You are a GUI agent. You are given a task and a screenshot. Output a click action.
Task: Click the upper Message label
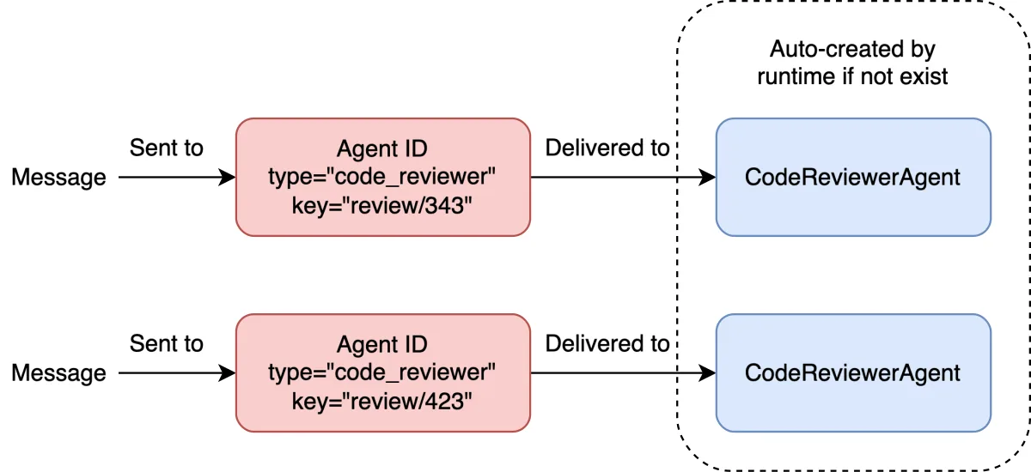tap(59, 178)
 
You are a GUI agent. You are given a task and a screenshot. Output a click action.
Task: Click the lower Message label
tap(59, 373)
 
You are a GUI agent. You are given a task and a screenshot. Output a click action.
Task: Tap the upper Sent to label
tap(166, 148)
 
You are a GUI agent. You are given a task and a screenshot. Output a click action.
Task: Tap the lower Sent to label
tap(166, 344)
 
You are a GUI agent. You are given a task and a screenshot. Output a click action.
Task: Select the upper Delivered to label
tap(607, 148)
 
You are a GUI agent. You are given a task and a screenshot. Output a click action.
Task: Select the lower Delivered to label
tap(607, 344)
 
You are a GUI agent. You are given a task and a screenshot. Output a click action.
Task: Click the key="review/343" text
tap(382, 206)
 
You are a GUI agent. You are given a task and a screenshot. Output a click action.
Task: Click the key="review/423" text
tap(382, 402)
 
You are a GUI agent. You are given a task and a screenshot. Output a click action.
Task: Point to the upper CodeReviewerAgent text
tap(852, 178)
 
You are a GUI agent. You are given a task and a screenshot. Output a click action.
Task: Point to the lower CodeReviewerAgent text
tap(852, 373)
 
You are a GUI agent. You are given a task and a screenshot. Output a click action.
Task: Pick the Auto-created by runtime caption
tap(852, 63)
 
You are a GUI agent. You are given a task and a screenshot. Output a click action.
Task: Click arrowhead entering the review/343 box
tap(228, 177)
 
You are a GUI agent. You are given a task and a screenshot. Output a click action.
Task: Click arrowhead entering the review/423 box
tap(228, 372)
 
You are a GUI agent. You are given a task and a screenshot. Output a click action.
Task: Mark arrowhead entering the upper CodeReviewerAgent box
tap(707, 177)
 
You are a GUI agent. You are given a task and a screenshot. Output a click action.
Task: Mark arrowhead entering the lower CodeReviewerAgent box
tap(707, 372)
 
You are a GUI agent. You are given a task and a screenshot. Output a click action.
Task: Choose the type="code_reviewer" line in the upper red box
tap(382, 177)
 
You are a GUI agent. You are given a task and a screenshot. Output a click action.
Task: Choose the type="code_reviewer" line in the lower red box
tap(382, 372)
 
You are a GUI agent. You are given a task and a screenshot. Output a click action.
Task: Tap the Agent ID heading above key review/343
tap(382, 149)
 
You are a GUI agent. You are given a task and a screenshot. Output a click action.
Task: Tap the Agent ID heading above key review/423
tap(382, 345)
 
